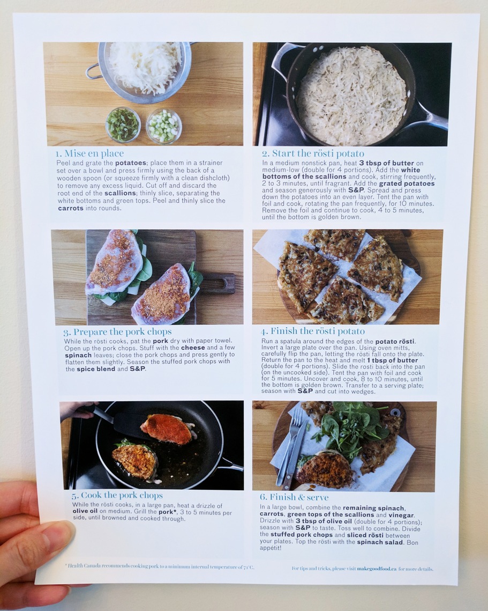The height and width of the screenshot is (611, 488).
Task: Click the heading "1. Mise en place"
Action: click(90, 153)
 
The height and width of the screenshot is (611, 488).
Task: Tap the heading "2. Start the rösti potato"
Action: click(313, 153)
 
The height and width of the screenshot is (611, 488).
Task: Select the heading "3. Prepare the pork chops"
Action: click(117, 332)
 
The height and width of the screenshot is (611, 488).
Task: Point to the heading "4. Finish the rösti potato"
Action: click(312, 331)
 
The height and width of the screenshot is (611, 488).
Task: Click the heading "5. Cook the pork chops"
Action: click(117, 495)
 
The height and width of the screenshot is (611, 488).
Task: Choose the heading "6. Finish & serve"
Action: click(294, 497)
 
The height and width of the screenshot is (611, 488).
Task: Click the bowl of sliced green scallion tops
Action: click(123, 124)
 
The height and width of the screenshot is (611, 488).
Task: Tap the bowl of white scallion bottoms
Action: click(164, 126)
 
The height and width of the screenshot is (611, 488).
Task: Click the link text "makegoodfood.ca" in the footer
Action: click(377, 569)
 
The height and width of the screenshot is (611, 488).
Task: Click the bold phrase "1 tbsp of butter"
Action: click(392, 360)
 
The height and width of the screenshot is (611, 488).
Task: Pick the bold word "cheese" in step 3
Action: click(193, 348)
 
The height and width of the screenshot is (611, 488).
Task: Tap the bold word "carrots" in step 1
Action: click(71, 208)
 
